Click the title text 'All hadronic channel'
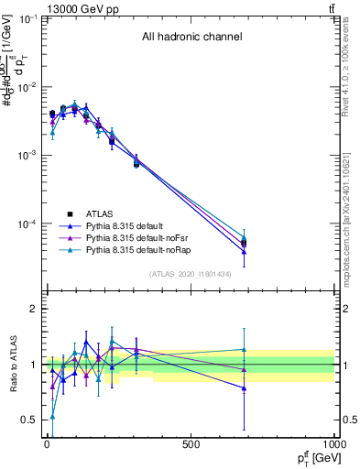pos(191,38)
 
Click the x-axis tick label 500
pos(190,445)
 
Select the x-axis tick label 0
pos(47,445)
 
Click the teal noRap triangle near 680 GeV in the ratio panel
pos(244,349)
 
